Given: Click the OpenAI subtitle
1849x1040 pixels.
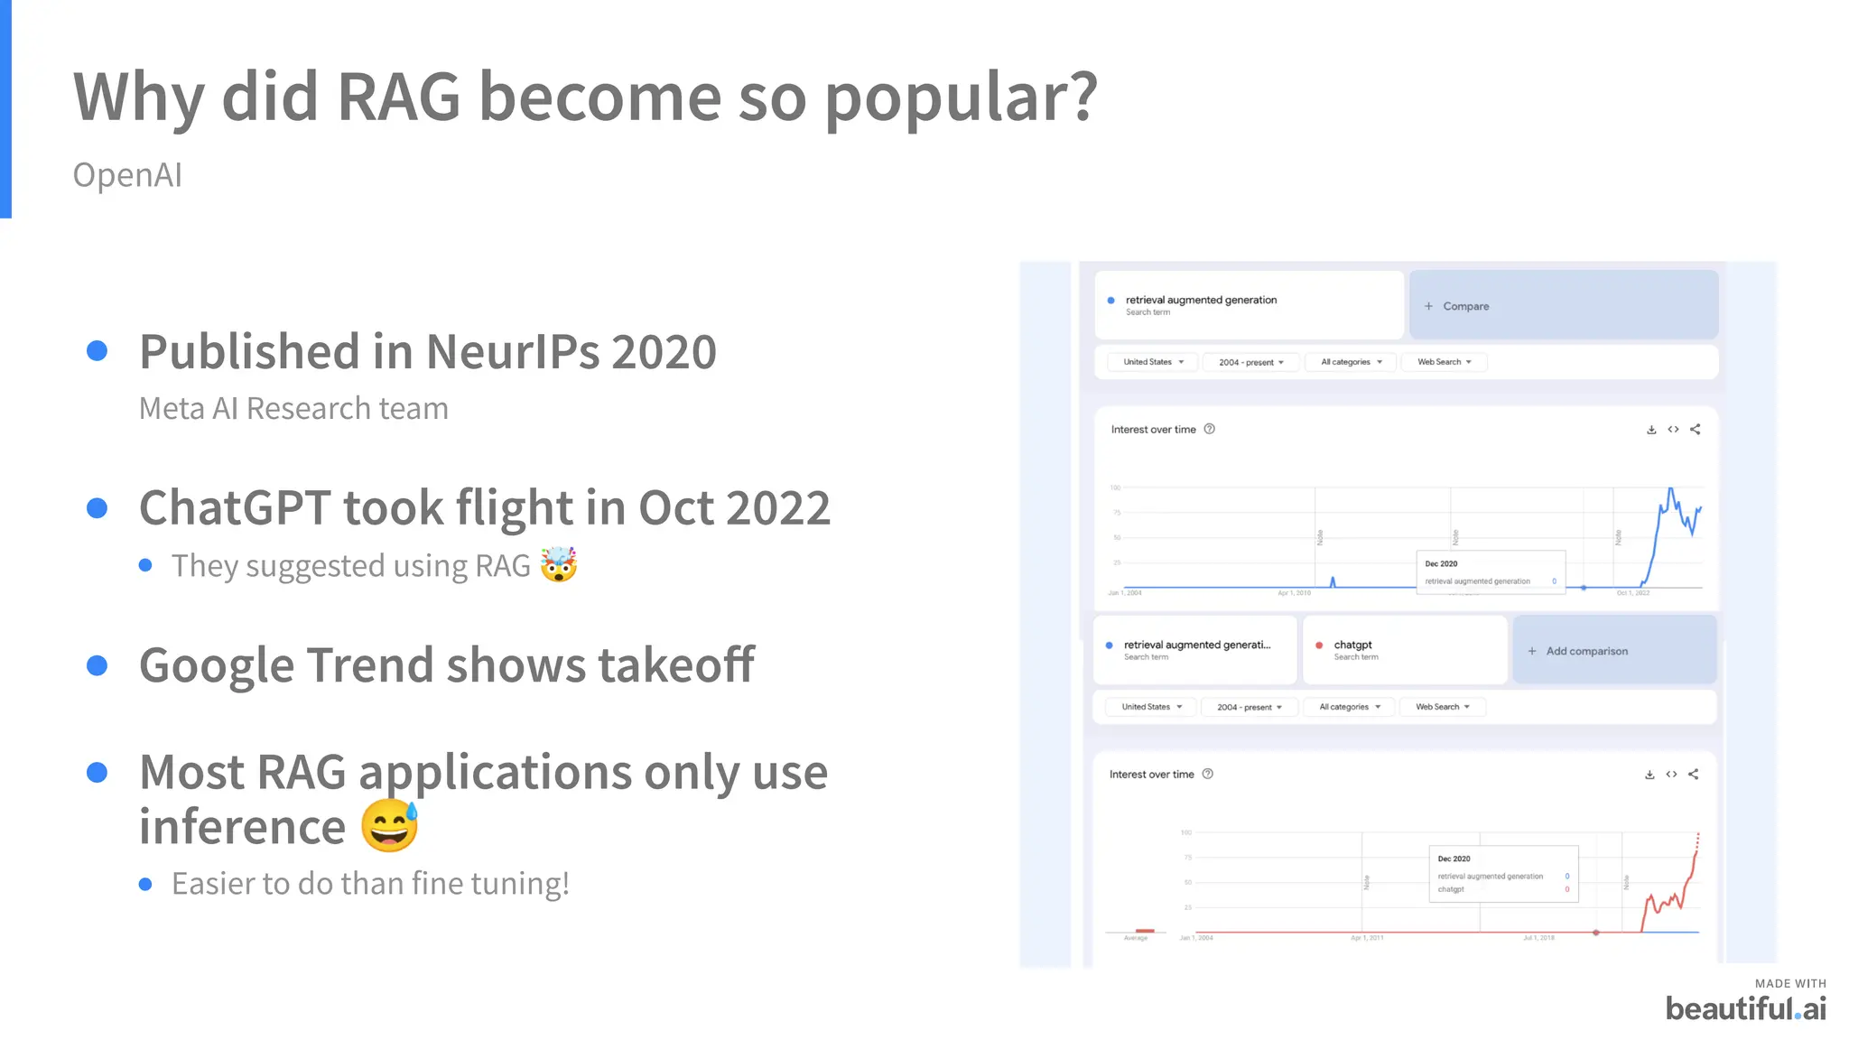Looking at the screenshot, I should click(x=127, y=175).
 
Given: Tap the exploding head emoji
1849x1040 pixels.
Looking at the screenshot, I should click(x=559, y=565).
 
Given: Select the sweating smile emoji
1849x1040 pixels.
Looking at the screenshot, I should click(x=390, y=825).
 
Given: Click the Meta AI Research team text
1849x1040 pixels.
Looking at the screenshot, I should click(x=293, y=409).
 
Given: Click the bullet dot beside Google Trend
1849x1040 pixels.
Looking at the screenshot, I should click(x=98, y=666).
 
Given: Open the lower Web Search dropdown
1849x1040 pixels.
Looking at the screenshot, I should click(x=1442, y=707).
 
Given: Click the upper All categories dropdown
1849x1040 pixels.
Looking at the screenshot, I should click(x=1351, y=362).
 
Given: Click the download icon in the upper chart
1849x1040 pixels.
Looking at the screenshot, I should click(x=1651, y=430).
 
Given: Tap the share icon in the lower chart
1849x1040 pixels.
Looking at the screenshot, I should click(x=1694, y=775).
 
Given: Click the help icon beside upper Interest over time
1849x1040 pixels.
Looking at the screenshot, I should click(x=1210, y=430).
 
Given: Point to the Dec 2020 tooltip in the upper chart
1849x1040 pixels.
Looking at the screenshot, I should click(x=1490, y=571).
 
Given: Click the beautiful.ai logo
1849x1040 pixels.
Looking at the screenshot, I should click(x=1745, y=1007).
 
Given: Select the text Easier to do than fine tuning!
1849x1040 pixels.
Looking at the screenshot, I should click(x=370, y=884).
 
